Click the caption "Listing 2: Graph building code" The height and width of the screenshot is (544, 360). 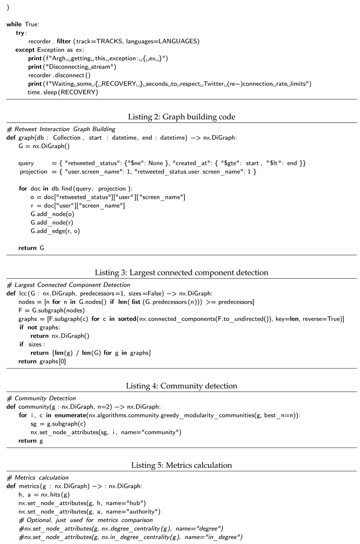(181, 117)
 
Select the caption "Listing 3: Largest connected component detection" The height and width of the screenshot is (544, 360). (181, 272)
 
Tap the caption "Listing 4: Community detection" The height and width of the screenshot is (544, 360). (181, 386)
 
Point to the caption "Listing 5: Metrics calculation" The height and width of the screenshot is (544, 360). (181, 465)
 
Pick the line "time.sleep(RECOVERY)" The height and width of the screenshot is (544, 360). (63, 92)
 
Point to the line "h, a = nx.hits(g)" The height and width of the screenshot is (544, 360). (44, 495)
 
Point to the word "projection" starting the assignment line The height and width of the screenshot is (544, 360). (35, 171)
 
